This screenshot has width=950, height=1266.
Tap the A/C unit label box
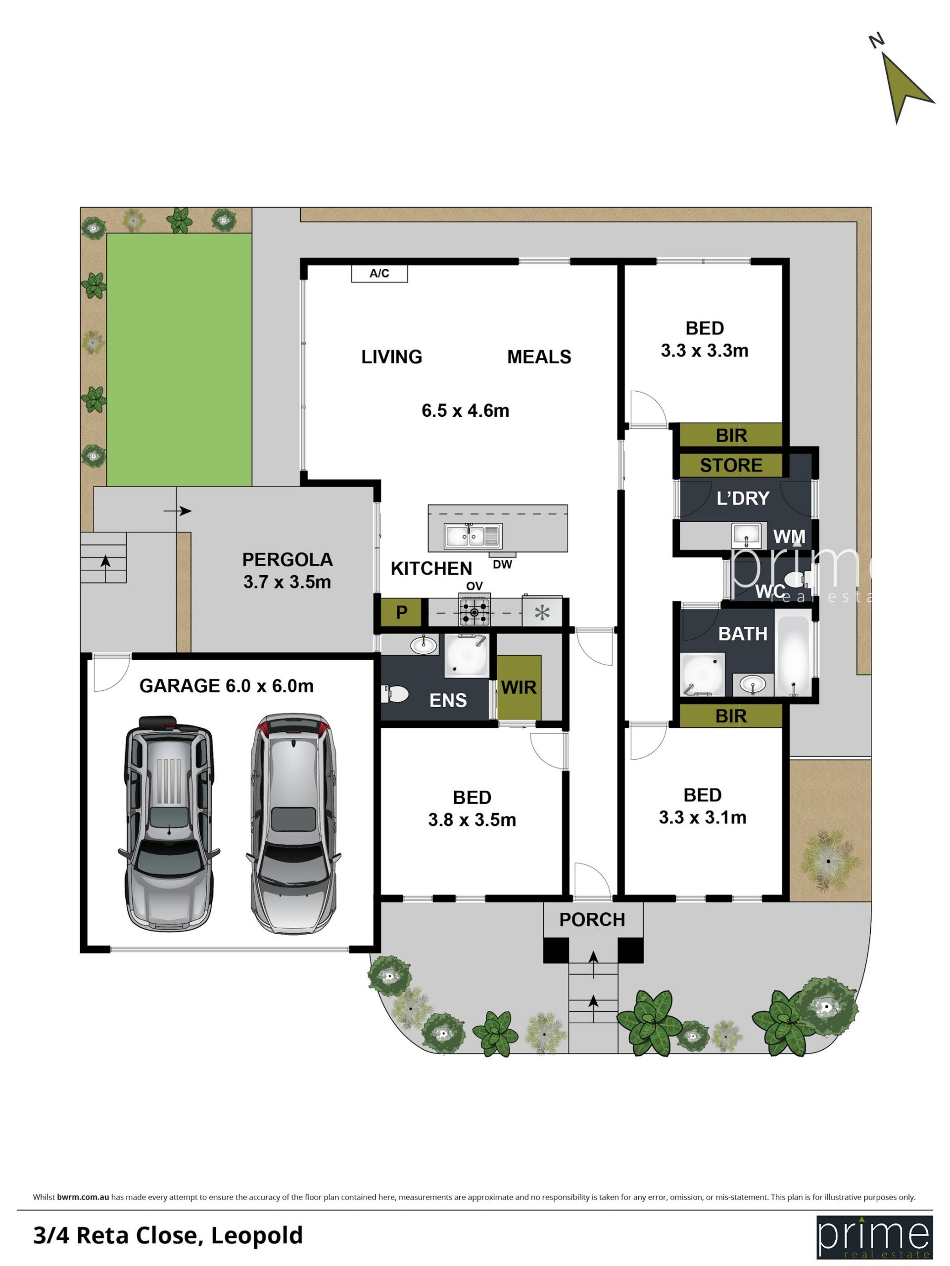[379, 273]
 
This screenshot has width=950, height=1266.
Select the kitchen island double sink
[473, 536]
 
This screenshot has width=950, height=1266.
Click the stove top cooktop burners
[474, 612]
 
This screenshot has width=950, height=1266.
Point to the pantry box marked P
[401, 612]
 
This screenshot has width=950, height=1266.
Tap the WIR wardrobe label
[519, 687]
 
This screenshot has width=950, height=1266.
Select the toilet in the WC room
[797, 579]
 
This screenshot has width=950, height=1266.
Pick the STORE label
[731, 465]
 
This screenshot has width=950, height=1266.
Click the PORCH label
[592, 920]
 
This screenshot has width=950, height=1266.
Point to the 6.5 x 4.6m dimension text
[465, 410]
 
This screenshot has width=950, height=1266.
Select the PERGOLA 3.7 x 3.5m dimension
[287, 582]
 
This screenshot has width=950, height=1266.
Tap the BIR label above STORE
[731, 436]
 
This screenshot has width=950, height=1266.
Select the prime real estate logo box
[874, 1236]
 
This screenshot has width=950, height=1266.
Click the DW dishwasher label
[502, 564]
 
